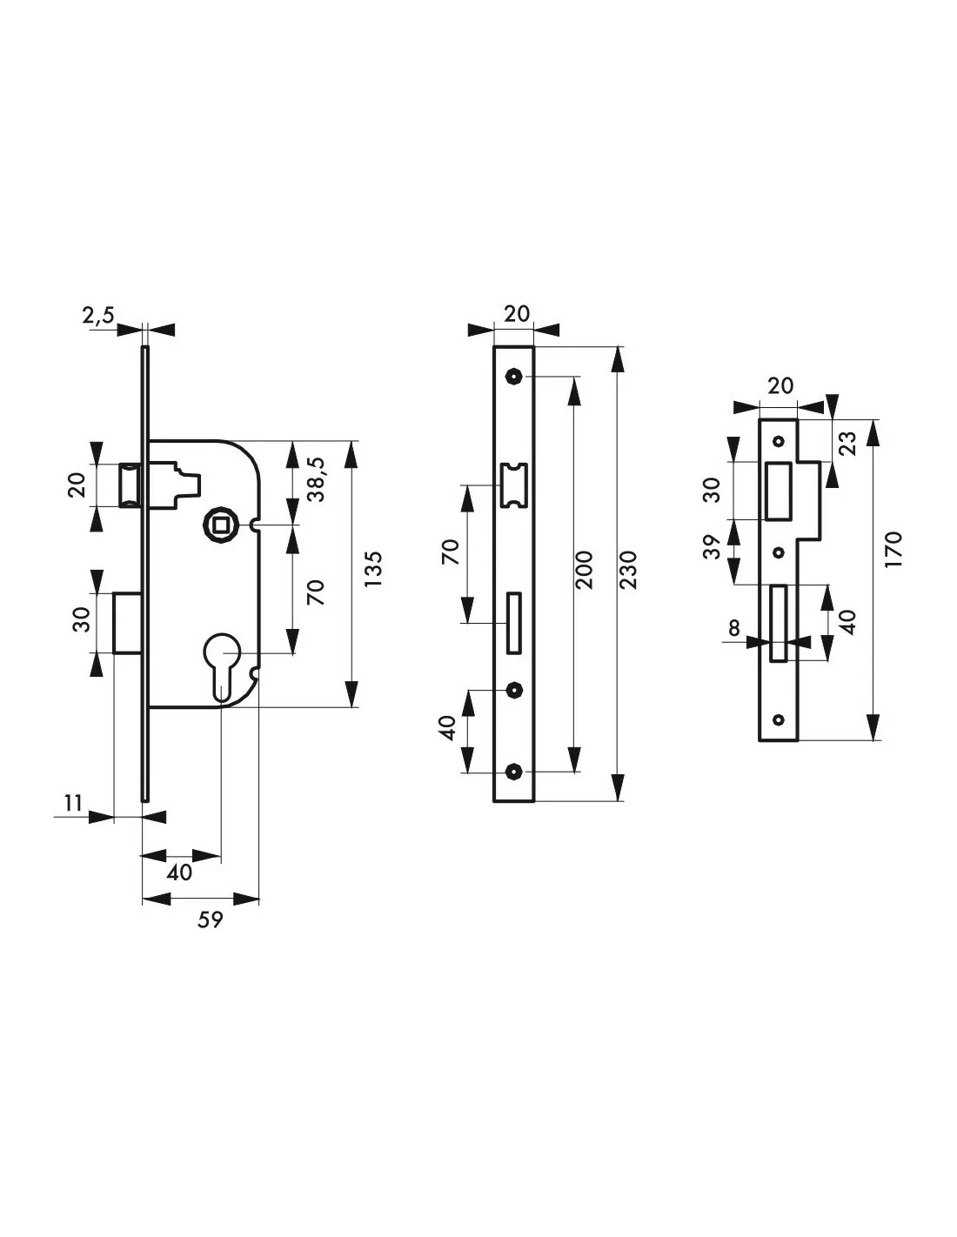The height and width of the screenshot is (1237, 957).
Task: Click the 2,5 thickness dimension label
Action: pos(97,317)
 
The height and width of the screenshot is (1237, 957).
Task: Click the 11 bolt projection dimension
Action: pos(73,803)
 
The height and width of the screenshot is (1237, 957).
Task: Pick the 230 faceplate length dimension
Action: pos(630,570)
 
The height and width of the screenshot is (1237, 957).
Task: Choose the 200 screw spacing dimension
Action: pos(585,570)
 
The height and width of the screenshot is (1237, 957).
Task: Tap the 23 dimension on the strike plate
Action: pos(849,443)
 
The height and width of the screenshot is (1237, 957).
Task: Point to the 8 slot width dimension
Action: pos(736,627)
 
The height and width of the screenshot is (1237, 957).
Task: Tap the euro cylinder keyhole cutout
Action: pos(221,661)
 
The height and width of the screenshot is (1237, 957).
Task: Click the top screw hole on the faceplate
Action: pos(515,377)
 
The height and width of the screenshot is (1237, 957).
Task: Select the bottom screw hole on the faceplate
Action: pos(515,772)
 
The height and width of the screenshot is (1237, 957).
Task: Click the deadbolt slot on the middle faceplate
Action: pos(514,622)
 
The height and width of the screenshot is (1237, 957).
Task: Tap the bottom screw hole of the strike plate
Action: pos(779,719)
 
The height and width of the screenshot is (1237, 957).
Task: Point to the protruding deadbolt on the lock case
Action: pos(128,621)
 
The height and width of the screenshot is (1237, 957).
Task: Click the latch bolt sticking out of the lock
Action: pos(130,485)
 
